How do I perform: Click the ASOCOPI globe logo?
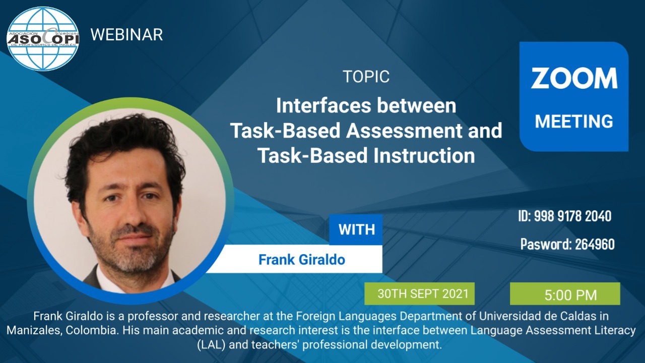[x=43, y=39]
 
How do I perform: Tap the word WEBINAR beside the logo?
[x=126, y=35]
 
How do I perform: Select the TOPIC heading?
[x=366, y=77]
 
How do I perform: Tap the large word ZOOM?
[x=574, y=78]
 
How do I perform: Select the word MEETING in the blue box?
[x=574, y=122]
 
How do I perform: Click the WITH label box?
[x=356, y=229]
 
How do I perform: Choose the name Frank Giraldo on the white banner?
[x=302, y=260]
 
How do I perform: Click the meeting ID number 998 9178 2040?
[x=573, y=216]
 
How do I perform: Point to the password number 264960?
[x=595, y=244]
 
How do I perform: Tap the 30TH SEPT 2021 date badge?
[x=419, y=293]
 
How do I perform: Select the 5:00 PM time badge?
[x=565, y=293]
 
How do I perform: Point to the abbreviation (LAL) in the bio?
[x=211, y=344]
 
